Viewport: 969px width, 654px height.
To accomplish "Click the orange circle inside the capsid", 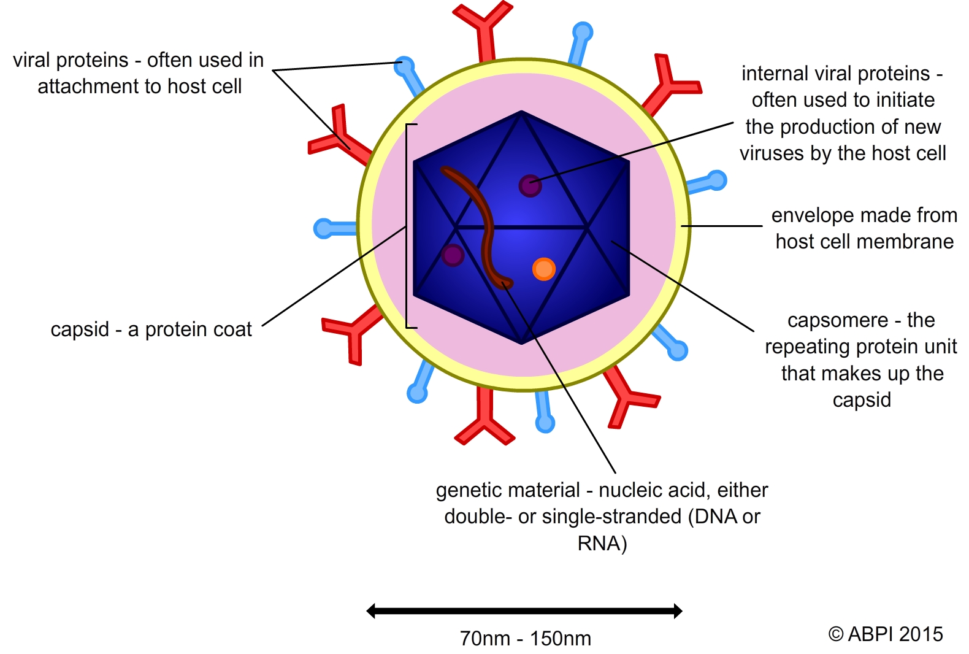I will pyautogui.click(x=543, y=269).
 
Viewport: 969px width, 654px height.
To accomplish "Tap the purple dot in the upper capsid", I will pyautogui.click(x=530, y=185).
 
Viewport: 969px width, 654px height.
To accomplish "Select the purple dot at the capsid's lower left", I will pyautogui.click(x=453, y=255).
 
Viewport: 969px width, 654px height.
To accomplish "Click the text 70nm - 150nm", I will pyautogui.click(x=526, y=638).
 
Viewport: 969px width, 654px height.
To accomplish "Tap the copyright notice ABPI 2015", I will pyautogui.click(x=886, y=634).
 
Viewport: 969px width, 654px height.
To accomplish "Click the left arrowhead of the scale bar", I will pyautogui.click(x=371, y=610).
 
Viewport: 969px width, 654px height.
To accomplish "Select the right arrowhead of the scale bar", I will pyautogui.click(x=678, y=610).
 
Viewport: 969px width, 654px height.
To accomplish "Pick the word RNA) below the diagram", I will pyautogui.click(x=602, y=544).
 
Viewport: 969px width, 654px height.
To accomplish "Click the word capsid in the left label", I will pyautogui.click(x=79, y=329).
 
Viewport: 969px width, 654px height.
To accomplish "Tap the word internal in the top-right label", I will pyautogui.click(x=775, y=74).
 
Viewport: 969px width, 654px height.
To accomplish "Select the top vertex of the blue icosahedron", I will pyautogui.click(x=521, y=112).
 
